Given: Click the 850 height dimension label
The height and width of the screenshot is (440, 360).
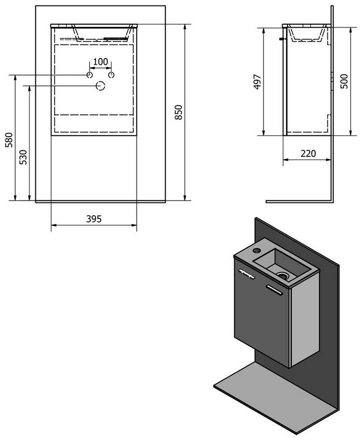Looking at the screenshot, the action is (x=179, y=112).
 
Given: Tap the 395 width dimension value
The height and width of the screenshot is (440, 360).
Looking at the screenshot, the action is (x=94, y=218).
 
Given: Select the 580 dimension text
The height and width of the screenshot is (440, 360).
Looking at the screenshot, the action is (x=9, y=140).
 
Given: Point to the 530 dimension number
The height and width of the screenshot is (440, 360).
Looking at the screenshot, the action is (x=23, y=157).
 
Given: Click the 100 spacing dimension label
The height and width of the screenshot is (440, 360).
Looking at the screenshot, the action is (x=100, y=62).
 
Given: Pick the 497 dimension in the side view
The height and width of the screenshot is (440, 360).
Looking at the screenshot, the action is (x=257, y=82).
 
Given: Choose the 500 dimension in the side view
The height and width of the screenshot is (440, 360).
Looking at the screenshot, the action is (x=344, y=81).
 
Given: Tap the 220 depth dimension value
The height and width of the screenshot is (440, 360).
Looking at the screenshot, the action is (x=308, y=154).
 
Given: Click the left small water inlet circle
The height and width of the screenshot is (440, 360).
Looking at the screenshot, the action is (x=89, y=75).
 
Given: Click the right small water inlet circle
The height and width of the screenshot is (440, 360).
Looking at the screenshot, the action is (x=111, y=75).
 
